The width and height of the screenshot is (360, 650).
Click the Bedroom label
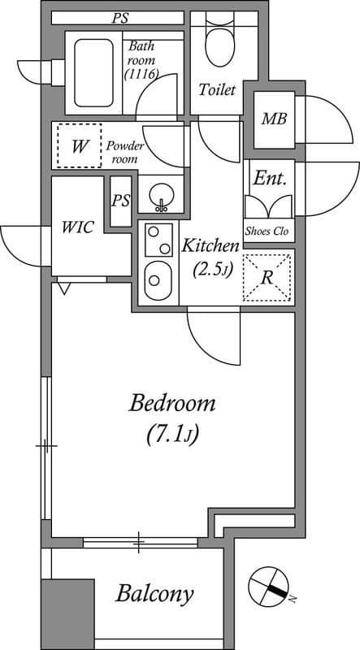pyautogui.click(x=172, y=403)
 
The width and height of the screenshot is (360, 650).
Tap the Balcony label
pyautogui.click(x=154, y=594)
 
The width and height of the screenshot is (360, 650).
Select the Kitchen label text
pyautogui.click(x=210, y=245)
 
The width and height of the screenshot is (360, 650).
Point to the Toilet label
pyautogui.click(x=217, y=89)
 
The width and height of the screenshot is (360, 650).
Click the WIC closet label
pyautogui.click(x=77, y=227)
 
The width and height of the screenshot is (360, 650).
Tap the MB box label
pyautogui.click(x=272, y=119)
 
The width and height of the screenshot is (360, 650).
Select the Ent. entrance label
pyautogui.click(x=268, y=178)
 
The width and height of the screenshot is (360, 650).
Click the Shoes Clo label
pyautogui.click(x=269, y=231)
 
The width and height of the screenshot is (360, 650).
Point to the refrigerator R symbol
pyautogui.click(x=267, y=276)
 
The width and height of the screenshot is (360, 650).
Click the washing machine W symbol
pyautogui.click(x=79, y=146)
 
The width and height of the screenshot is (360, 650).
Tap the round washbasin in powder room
pyautogui.click(x=161, y=196)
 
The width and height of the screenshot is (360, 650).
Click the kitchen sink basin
pyautogui.click(x=156, y=280)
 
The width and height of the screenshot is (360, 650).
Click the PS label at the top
pyautogui.click(x=120, y=17)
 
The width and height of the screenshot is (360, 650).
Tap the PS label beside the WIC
pyautogui.click(x=121, y=201)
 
